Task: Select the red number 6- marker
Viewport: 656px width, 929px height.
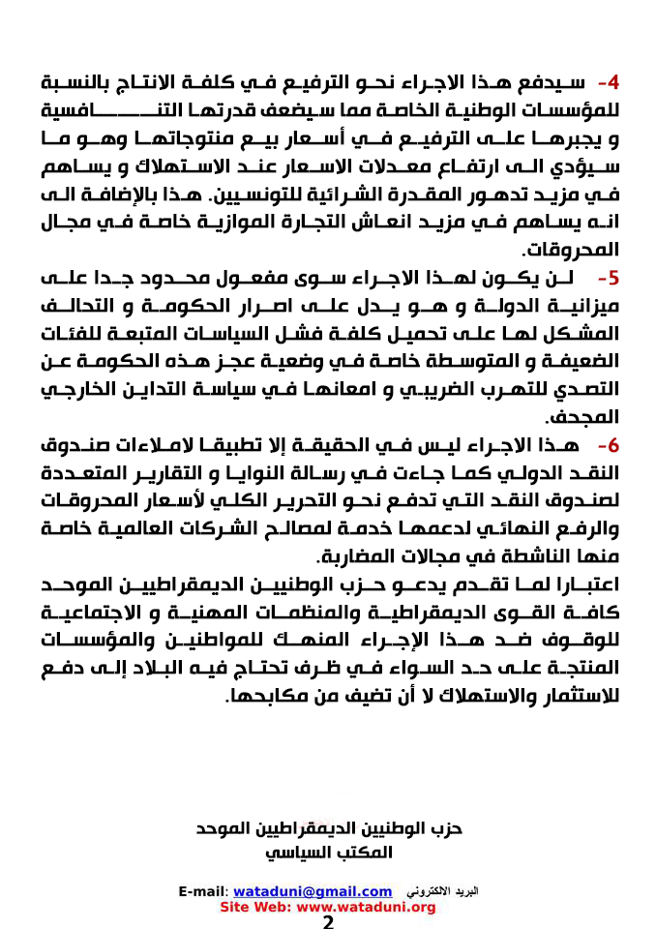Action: (x=608, y=446)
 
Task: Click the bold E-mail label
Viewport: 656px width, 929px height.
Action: (x=203, y=890)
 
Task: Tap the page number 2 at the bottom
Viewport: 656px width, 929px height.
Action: (x=328, y=922)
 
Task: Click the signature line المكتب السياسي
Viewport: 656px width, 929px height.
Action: (x=329, y=853)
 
